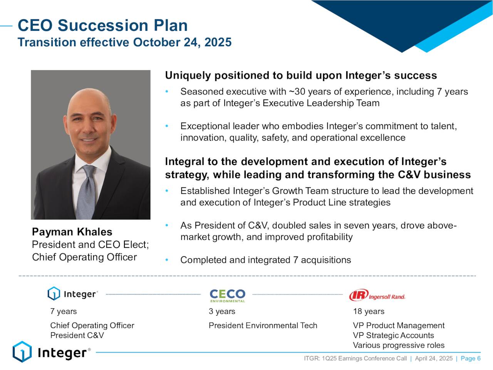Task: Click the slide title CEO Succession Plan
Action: pos(102,25)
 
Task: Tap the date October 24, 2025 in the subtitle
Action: pos(182,42)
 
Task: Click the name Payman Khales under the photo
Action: pos(72,232)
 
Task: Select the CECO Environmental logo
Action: pos(227,296)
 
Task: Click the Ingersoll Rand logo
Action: pos(377,295)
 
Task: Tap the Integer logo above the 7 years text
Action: pos(73,294)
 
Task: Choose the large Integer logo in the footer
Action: pos(52,352)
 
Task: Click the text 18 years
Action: pos(369,311)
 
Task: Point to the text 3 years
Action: pos(222,311)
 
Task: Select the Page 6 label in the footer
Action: pos(471,358)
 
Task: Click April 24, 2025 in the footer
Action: pos(434,358)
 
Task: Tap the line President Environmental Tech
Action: pos(263,325)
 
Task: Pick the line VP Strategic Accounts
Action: pos(393,335)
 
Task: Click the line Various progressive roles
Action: pos(399,345)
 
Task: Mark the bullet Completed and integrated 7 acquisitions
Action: pos(265,260)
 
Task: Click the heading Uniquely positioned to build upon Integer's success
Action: pos(301,75)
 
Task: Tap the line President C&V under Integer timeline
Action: pos(77,335)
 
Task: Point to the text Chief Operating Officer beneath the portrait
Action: pos(84,257)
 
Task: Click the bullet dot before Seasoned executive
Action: pos(167,91)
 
